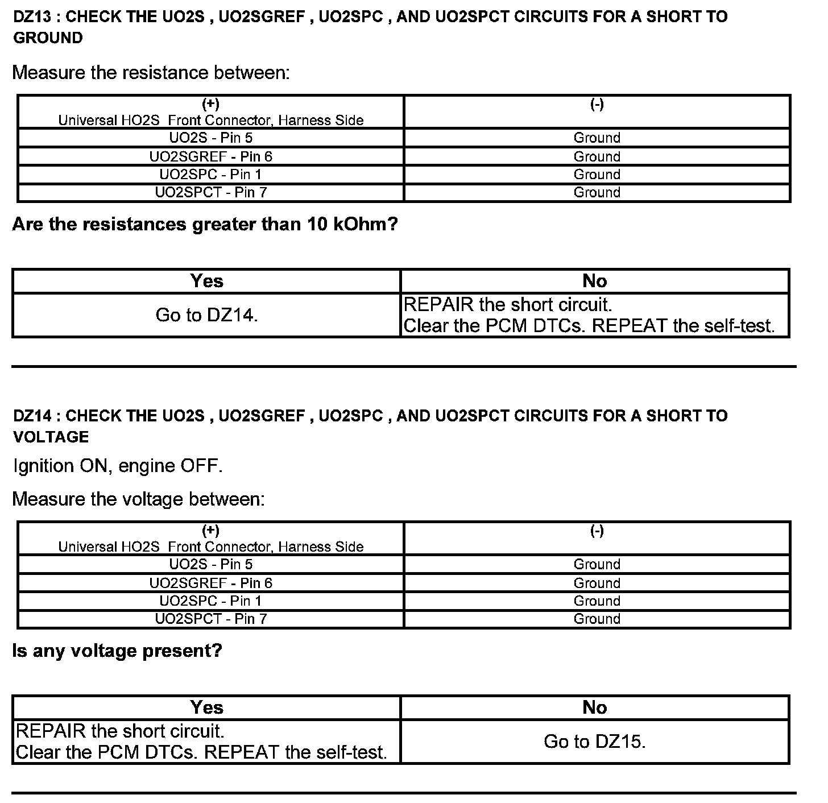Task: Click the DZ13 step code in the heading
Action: click(32, 16)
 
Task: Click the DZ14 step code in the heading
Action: click(32, 416)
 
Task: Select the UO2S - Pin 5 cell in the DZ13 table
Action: click(210, 138)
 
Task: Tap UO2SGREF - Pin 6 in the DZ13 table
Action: click(210, 156)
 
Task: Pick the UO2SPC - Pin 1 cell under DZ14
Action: click(210, 601)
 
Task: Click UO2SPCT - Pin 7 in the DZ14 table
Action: click(210, 619)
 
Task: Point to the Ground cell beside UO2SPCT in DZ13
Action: click(597, 193)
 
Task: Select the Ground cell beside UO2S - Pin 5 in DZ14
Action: click(597, 565)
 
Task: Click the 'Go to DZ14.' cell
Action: click(206, 315)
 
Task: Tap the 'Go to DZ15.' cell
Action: click(594, 742)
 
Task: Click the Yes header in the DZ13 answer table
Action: click(206, 281)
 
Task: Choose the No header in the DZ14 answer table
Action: click(594, 707)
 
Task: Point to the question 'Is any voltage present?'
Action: click(117, 651)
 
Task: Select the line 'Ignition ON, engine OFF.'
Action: click(118, 466)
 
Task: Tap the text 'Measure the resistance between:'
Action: click(151, 73)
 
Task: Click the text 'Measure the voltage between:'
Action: click(138, 499)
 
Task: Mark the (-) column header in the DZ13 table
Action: click(597, 105)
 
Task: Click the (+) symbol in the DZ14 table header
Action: click(210, 531)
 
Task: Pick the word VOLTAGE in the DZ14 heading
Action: click(51, 437)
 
